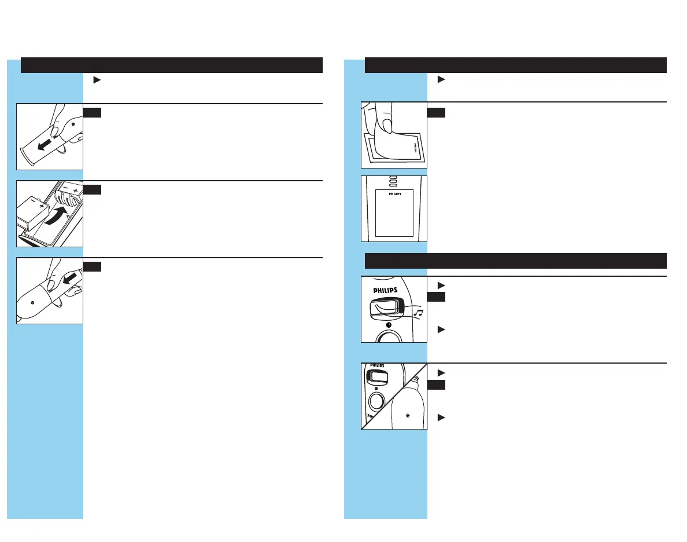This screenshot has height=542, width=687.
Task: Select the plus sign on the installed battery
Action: (75, 192)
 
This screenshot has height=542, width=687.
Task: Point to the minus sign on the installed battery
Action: (66, 186)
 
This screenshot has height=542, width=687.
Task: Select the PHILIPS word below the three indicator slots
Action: (394, 194)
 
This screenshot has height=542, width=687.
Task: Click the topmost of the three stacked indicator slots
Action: (394, 178)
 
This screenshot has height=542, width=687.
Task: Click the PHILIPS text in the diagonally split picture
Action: (377, 367)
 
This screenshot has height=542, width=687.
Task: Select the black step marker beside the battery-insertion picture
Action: (93, 189)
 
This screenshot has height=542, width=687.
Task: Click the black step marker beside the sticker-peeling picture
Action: (436, 112)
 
